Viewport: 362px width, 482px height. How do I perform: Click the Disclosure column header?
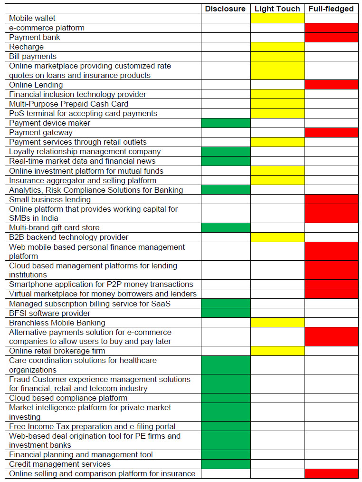pos(225,9)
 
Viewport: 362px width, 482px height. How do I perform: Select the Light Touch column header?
pos(277,9)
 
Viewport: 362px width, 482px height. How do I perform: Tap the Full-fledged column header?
pos(331,9)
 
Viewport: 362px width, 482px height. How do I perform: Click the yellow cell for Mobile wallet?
pos(277,18)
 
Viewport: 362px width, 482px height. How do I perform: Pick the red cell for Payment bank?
pos(331,37)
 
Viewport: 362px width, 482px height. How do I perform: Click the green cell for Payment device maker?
pos(226,123)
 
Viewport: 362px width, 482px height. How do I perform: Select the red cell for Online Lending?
pos(331,85)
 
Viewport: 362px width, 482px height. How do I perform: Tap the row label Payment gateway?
pos(41,132)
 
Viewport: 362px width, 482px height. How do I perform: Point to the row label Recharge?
pos(26,47)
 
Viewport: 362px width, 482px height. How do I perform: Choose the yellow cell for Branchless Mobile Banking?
pos(277,323)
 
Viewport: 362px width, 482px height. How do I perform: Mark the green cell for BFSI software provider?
pos(226,313)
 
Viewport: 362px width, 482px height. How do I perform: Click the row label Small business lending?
pos(50,199)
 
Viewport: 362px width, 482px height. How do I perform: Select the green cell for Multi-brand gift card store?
pos(226,227)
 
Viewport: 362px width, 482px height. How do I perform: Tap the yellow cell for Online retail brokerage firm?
pos(277,351)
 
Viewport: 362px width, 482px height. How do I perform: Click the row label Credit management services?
pos(60,464)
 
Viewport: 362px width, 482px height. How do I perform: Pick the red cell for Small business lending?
pos(331,199)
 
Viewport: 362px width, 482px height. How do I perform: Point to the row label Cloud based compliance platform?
pos(68,398)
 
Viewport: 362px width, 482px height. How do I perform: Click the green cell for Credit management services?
pos(226,464)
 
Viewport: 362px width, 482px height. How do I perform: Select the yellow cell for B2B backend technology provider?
pos(277,237)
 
